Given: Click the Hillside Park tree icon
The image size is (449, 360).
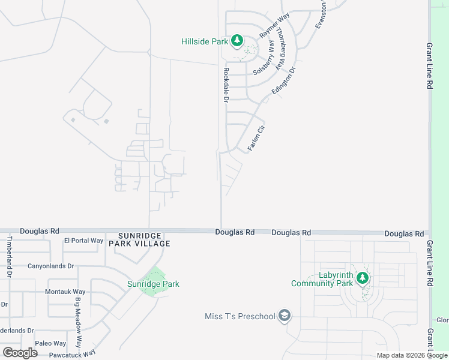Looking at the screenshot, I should click(x=237, y=41).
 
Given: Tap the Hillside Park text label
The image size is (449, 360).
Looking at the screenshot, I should click(x=205, y=41).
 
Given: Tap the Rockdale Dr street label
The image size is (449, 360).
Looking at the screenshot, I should click(x=226, y=84).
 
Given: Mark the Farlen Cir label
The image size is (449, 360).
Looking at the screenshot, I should click(x=256, y=138).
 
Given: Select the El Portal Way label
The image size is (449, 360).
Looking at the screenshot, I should click(x=83, y=241).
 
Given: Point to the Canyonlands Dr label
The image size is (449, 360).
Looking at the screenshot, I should click(x=50, y=266).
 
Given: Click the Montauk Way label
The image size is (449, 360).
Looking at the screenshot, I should click(x=65, y=292).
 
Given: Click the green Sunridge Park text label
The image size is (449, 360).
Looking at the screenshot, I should click(x=153, y=284).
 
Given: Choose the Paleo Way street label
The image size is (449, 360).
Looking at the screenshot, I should click(x=50, y=343).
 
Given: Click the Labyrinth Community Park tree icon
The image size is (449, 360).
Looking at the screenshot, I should click(x=362, y=278).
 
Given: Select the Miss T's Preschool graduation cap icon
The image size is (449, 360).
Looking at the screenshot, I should click(x=285, y=316).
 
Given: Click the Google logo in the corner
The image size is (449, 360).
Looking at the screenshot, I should click(x=20, y=353).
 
